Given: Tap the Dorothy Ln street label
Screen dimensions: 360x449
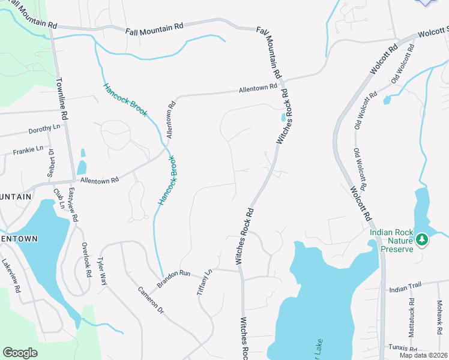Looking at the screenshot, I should click(x=44, y=130).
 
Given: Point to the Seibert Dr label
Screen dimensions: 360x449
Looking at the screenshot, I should click(x=51, y=164).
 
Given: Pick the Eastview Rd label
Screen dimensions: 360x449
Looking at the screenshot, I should click(x=73, y=206).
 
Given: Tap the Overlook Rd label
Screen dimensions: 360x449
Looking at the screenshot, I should click(x=86, y=260).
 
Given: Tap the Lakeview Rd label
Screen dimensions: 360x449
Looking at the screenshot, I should click(x=11, y=276).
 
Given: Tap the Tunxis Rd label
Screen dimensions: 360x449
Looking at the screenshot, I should click(x=403, y=348).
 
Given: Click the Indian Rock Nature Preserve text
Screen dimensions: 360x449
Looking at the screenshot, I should click(x=391, y=240).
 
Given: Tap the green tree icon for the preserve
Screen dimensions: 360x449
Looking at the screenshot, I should click(x=422, y=240).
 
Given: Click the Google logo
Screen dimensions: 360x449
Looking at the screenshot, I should click(x=20, y=353).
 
